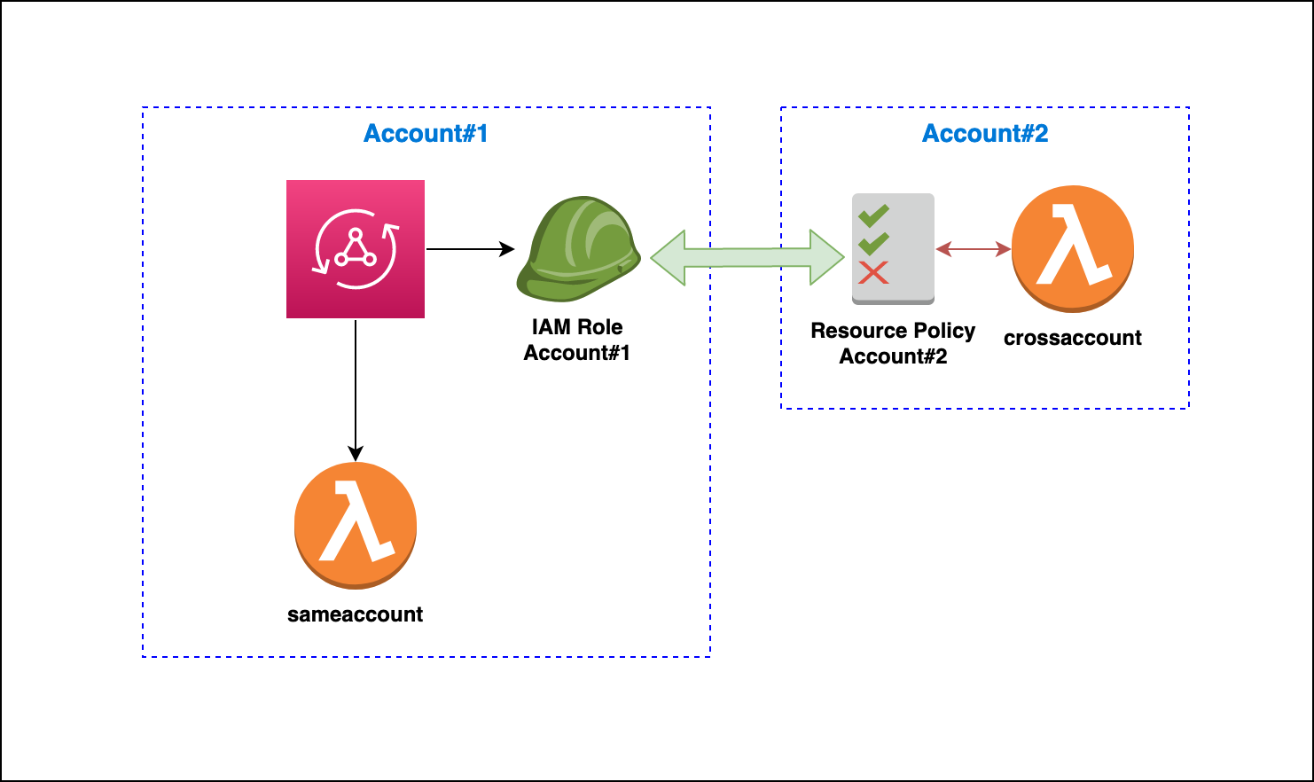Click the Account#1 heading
(x=426, y=134)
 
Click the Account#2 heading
(x=985, y=134)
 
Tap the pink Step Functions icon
(x=356, y=249)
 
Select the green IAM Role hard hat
(x=578, y=249)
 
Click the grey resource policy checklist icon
(x=893, y=249)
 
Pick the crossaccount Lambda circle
(x=1073, y=248)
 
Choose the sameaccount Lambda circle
(x=356, y=525)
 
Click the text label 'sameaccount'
(x=356, y=614)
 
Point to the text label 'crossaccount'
(x=1073, y=338)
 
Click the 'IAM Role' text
(x=577, y=327)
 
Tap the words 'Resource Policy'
(x=893, y=331)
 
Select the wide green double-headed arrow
(x=747, y=258)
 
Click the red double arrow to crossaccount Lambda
(x=974, y=250)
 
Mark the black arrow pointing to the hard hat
(x=470, y=249)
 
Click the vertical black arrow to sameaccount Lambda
(x=356, y=390)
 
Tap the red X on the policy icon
(x=873, y=273)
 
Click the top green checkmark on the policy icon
(x=873, y=215)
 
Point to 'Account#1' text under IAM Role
(x=577, y=353)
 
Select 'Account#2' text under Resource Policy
(x=893, y=356)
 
